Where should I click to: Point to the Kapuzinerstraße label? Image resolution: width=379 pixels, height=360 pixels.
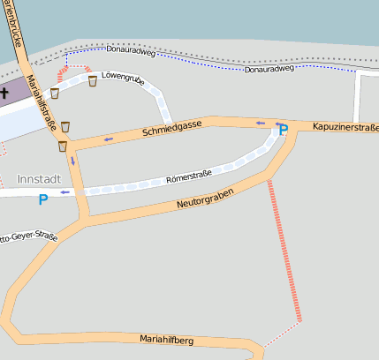[x=345, y=128]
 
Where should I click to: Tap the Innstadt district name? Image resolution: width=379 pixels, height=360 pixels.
[x=40, y=179]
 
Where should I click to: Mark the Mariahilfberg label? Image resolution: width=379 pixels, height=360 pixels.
[x=166, y=340]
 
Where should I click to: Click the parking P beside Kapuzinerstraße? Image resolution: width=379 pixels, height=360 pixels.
[x=283, y=131]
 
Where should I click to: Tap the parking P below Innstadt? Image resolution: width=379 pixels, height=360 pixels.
[x=42, y=200]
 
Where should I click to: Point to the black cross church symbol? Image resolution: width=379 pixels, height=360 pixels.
[x=4, y=92]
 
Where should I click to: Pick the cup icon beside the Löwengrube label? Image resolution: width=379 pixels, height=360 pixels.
[x=93, y=81]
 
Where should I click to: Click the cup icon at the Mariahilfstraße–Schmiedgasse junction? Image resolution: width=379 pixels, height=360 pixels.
[x=63, y=146]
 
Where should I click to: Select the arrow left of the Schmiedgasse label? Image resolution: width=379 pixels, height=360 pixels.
[x=108, y=139]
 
